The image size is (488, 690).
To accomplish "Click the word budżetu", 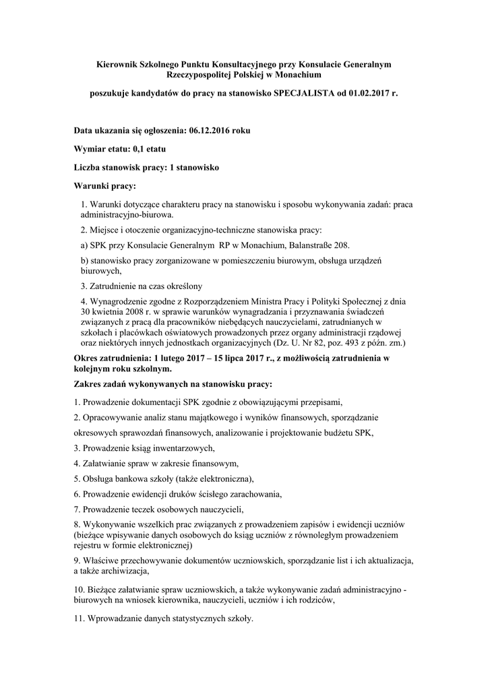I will click(x=334, y=433).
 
